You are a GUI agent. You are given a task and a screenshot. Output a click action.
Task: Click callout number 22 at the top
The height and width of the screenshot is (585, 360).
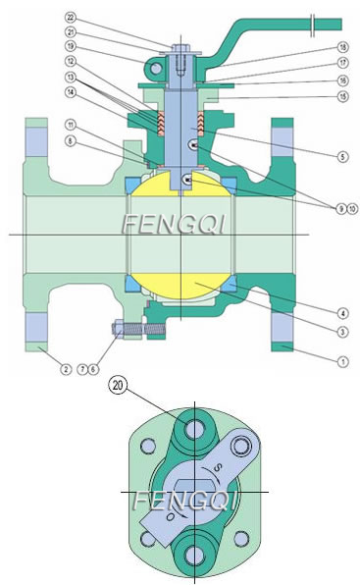coord(71,18)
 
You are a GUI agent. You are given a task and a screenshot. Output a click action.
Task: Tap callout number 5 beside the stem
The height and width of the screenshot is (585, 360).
coord(341,156)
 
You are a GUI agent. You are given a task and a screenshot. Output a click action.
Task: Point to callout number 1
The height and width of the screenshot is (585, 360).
coord(341,362)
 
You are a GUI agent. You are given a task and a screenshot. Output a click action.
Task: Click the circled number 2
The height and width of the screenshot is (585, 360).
coord(65,369)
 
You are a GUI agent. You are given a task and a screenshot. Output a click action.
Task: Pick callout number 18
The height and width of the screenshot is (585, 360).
coord(341,46)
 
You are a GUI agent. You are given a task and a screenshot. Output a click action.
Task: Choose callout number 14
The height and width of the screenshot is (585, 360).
coord(71,91)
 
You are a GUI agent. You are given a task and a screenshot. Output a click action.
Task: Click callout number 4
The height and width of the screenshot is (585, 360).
coord(341,314)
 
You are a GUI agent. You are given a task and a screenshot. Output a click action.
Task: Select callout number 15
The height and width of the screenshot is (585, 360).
coord(341,96)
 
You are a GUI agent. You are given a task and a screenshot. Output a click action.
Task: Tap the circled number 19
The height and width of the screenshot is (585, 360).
coord(71,45)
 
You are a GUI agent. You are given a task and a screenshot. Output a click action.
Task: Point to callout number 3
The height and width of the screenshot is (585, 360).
coord(341,333)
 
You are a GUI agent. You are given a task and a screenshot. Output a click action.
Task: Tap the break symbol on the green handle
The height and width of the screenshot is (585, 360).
coord(312,22)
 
